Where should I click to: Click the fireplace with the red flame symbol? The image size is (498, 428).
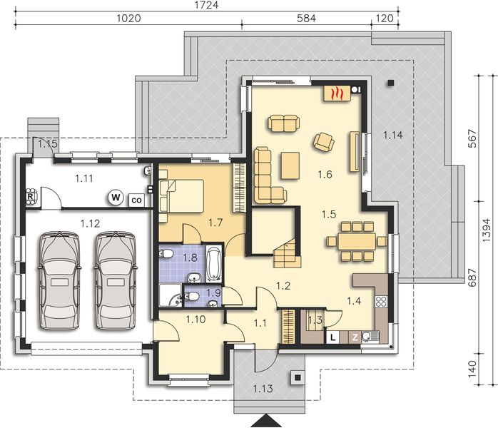click(x=339, y=93)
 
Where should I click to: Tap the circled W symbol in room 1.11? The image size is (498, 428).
click(x=114, y=198)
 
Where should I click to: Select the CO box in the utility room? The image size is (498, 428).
click(x=135, y=200)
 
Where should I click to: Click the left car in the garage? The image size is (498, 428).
click(x=59, y=280)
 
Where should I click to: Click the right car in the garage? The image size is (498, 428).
click(x=113, y=280)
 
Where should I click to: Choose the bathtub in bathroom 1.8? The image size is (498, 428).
click(x=213, y=264)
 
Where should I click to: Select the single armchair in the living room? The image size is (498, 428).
click(x=323, y=142)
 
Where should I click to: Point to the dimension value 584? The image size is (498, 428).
click(x=306, y=20)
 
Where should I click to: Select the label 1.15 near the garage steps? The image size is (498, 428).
click(x=48, y=144)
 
